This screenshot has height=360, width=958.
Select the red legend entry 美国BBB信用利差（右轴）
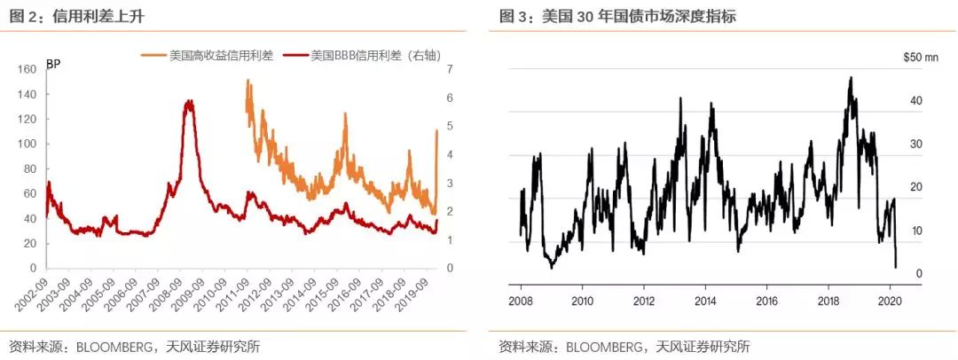click(x=373, y=55)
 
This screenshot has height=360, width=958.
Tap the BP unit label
click(x=52, y=63)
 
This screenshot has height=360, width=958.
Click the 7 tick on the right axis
click(x=451, y=69)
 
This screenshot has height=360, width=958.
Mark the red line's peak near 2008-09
click(x=189, y=102)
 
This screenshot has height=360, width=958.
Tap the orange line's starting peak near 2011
click(x=247, y=82)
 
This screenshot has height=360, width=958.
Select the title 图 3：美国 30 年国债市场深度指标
click(x=617, y=16)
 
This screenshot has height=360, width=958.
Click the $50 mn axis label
click(x=919, y=58)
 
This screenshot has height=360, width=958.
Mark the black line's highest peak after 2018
click(x=851, y=78)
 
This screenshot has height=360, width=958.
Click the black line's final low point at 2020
click(x=896, y=266)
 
